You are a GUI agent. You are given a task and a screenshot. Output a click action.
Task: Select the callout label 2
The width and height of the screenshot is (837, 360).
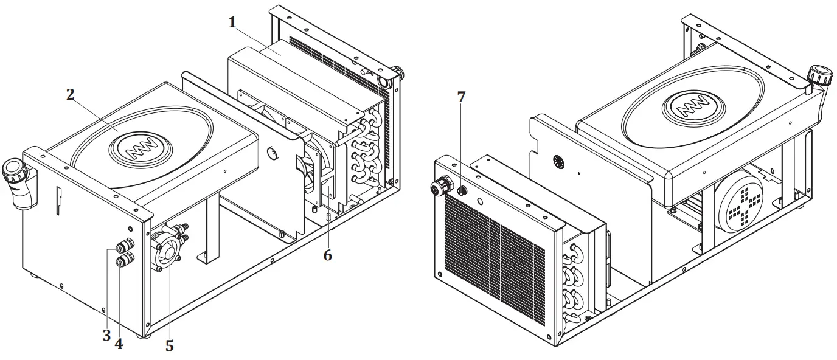pos(71,94)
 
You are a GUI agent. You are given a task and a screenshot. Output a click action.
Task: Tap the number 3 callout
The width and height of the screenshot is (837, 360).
pos(106,335)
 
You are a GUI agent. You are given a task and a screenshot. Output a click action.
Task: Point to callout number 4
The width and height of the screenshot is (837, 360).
pos(119,344)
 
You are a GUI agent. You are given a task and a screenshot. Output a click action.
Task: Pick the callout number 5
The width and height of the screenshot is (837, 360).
pos(169,346)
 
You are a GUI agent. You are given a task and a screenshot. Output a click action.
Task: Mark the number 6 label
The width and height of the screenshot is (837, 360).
pos(327,255)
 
